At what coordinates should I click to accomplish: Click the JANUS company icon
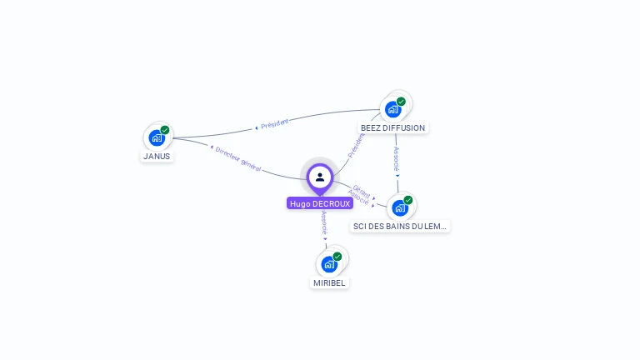156,137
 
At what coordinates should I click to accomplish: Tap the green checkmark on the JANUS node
165,130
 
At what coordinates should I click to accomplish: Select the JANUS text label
157,156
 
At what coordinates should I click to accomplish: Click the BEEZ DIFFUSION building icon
392,109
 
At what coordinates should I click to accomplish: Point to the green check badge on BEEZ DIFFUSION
401,102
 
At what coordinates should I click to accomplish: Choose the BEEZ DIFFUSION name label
392,127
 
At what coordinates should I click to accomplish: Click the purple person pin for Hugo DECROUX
320,177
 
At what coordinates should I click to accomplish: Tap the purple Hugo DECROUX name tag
320,203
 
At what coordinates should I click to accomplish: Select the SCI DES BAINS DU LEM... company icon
399,207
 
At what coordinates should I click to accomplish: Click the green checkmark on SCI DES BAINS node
408,200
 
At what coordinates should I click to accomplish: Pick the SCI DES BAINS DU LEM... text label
400,226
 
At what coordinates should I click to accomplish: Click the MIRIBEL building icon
328,264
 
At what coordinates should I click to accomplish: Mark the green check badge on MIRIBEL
337,257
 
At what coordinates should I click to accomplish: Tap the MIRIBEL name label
329,282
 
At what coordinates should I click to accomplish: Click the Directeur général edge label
237,158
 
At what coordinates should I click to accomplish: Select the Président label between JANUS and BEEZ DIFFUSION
273,124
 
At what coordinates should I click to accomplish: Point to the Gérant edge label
362,190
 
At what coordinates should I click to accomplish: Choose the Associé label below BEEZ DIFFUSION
397,160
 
